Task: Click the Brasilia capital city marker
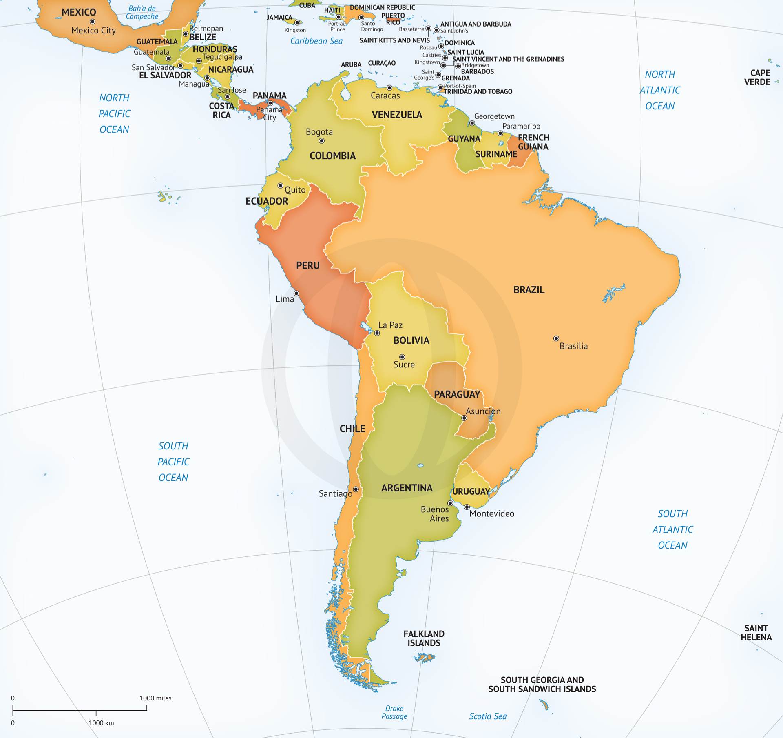point(556,338)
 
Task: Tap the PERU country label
point(308,266)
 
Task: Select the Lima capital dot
point(296,293)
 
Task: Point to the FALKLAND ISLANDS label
point(424,638)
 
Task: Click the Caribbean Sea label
point(316,41)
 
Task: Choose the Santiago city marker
point(356,489)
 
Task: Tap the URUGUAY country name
point(471,491)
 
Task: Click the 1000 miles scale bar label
point(155,698)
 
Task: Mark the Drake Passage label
point(394,712)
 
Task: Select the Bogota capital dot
point(321,141)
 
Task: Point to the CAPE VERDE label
point(757,78)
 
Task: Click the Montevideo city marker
point(467,507)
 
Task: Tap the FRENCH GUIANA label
point(533,142)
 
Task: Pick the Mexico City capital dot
point(93,22)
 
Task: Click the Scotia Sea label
point(488,716)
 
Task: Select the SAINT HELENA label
point(756,633)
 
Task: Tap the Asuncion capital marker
point(464,418)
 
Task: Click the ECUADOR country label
point(267,201)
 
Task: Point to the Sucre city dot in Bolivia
point(402,357)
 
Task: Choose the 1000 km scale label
point(101,723)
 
